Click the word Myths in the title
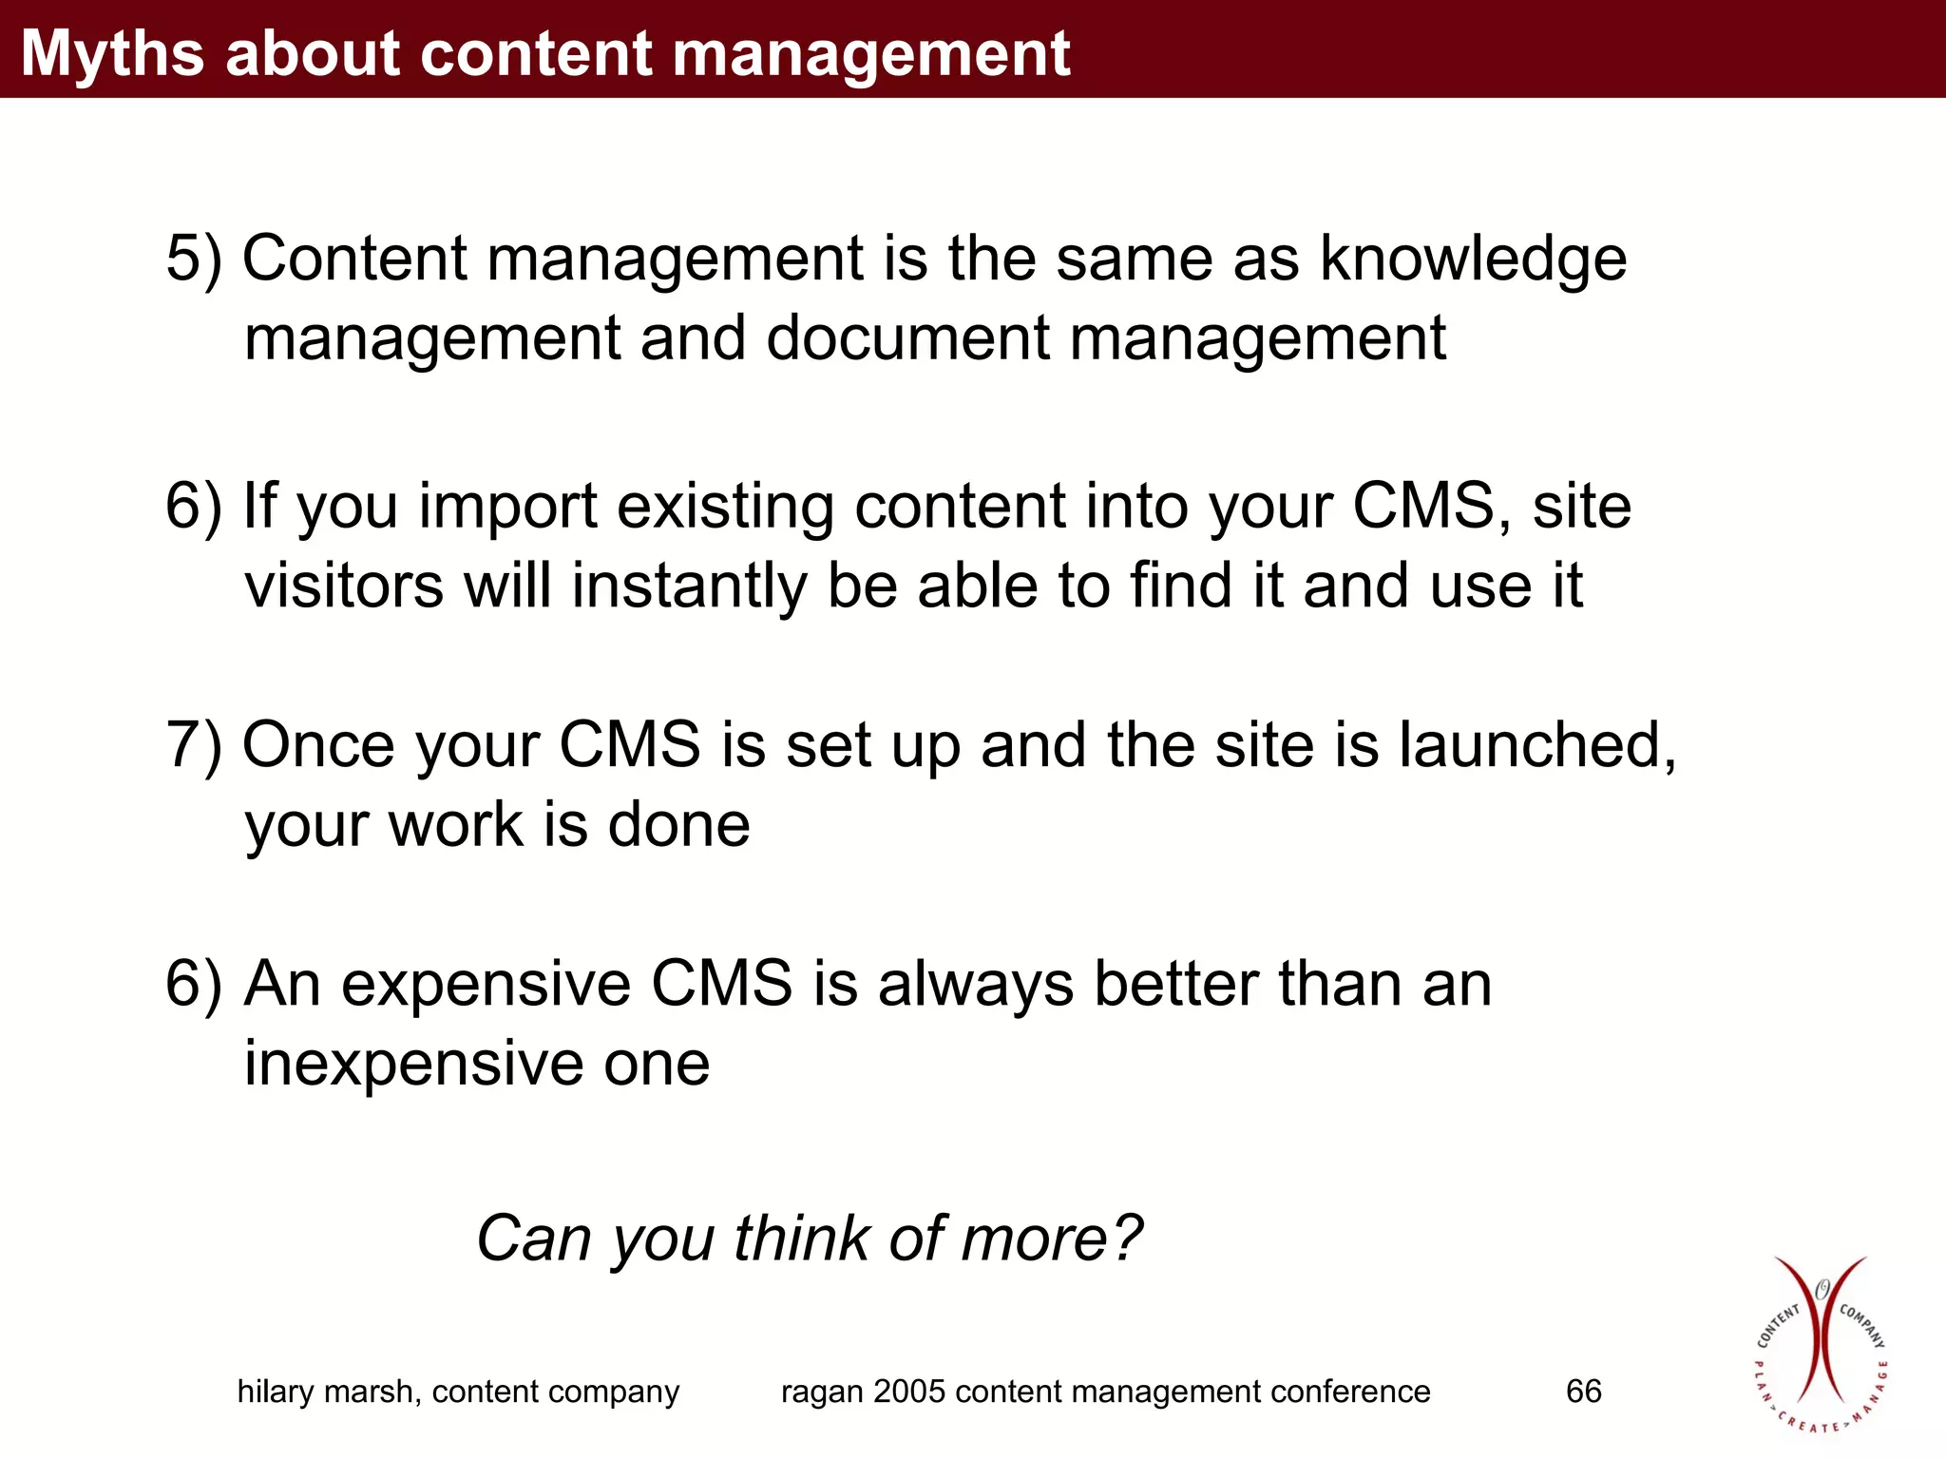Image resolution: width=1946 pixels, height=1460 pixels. (x=113, y=53)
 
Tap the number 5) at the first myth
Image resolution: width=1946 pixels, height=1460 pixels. (x=194, y=259)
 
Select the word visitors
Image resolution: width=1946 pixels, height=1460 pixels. (x=344, y=586)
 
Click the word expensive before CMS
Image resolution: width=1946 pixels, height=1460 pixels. (x=486, y=984)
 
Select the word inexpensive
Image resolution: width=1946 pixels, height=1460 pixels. (x=414, y=1064)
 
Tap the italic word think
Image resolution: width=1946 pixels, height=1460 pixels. (x=802, y=1239)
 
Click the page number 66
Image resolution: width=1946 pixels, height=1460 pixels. (x=1583, y=1392)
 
